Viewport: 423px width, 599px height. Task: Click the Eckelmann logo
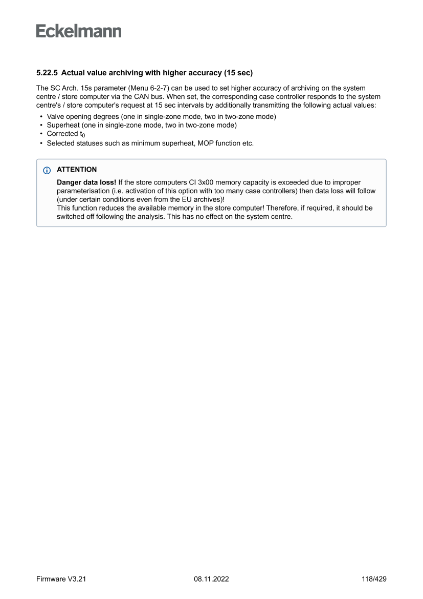click(79, 31)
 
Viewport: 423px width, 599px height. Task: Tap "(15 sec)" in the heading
click(238, 73)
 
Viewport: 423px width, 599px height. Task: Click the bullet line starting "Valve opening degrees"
click(161, 117)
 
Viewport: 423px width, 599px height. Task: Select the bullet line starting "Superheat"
click(142, 126)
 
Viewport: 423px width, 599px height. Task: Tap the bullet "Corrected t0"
click(64, 134)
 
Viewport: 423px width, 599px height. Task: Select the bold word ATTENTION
click(77, 170)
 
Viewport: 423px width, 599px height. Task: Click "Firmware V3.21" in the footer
click(57, 579)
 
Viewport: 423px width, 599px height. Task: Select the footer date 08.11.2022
click(211, 579)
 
